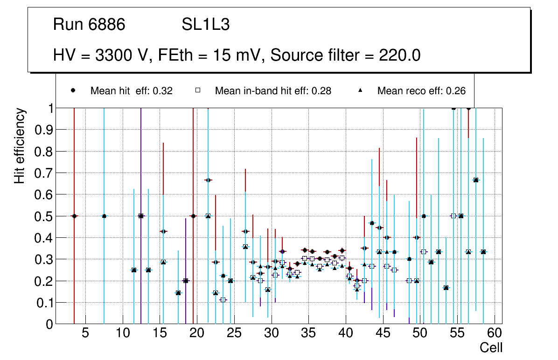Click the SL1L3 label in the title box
(x=205, y=25)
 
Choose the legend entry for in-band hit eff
(x=273, y=91)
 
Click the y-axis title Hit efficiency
(x=20, y=145)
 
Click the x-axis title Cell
(x=491, y=347)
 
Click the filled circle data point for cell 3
(x=74, y=216)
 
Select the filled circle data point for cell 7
(x=104, y=216)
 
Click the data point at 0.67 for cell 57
(x=476, y=180)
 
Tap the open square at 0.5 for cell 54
(x=453, y=216)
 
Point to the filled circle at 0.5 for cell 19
(x=193, y=216)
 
